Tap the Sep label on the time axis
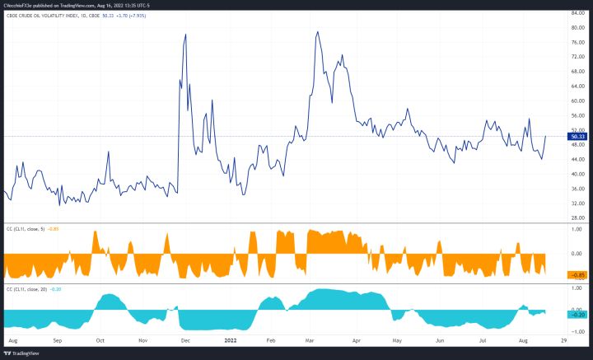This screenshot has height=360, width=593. click(x=57, y=338)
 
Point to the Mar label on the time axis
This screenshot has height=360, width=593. click(x=313, y=338)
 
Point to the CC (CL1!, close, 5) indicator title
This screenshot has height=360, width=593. click(x=30, y=229)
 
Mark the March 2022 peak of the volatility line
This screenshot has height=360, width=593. click(x=317, y=32)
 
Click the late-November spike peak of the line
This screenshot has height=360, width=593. click(x=185, y=35)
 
